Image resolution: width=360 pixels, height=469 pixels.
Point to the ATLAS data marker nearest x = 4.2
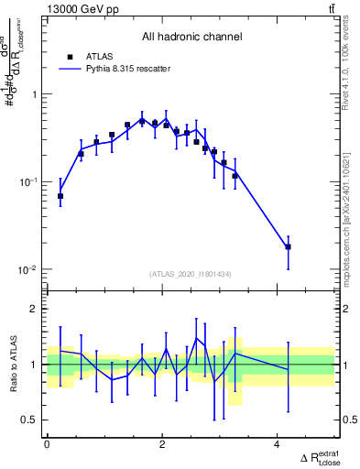click(x=288, y=246)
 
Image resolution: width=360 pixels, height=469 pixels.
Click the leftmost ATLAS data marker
click(x=60, y=196)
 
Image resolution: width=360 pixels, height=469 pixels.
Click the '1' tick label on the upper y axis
click(x=35, y=94)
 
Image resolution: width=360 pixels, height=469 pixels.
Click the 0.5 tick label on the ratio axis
click(x=29, y=420)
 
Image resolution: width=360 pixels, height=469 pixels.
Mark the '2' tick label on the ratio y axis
click(x=35, y=309)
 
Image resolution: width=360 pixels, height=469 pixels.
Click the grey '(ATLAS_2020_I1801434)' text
click(x=191, y=274)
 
